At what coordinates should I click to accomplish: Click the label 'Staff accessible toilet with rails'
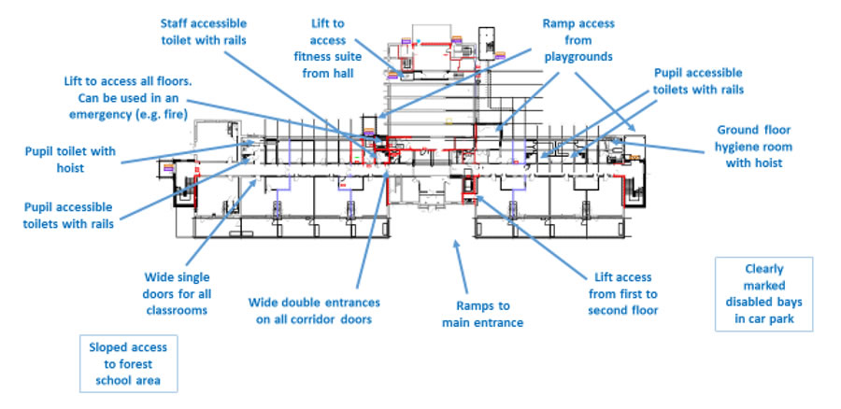pos(203,31)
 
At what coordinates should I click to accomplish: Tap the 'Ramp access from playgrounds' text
pos(578,39)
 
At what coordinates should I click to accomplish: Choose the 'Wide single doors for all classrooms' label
pos(178,292)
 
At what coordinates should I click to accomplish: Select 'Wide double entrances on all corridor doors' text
pos(314,311)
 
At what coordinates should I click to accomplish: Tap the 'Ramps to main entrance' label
pos(482,314)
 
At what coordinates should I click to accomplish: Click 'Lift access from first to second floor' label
pos(623,293)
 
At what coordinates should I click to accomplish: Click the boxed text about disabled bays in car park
pos(763,293)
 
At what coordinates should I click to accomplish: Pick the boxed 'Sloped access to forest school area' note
pos(129,364)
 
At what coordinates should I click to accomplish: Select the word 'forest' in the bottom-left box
pos(138,364)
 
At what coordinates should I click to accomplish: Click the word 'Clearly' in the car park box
pos(764,269)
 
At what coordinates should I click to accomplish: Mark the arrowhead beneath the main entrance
pos(457,245)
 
